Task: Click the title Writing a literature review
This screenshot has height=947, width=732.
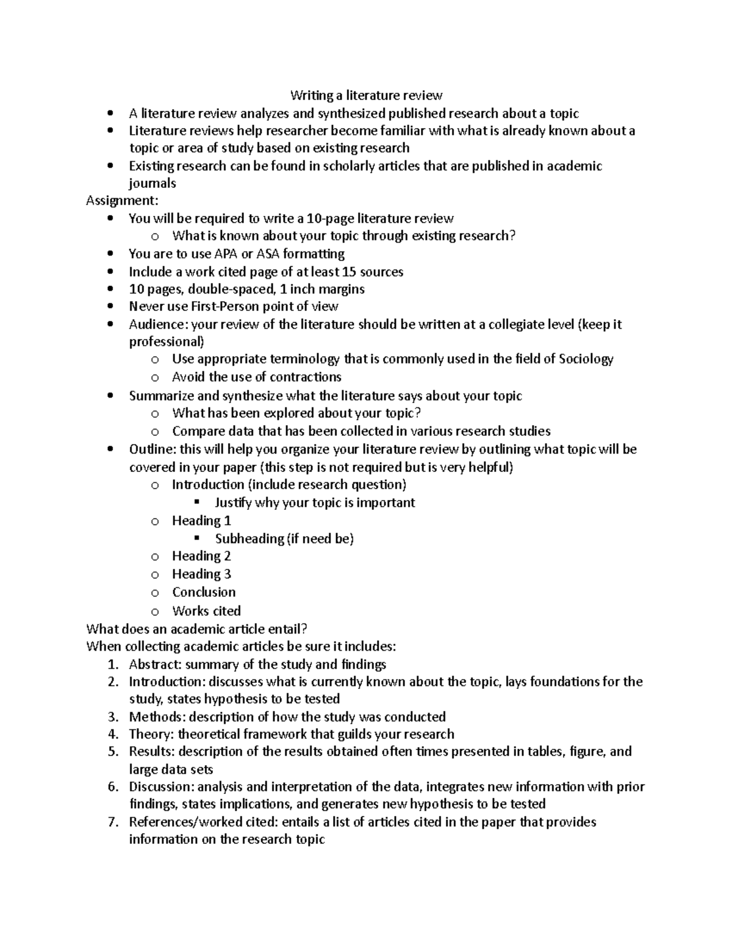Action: point(366,95)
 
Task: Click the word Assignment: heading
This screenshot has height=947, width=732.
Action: point(122,201)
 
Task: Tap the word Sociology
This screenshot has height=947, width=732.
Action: point(586,359)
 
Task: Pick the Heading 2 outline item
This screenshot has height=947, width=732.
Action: point(201,556)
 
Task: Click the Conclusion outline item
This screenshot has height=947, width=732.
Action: point(204,592)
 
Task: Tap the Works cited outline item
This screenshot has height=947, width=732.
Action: point(206,610)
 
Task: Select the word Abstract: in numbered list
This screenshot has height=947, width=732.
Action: point(155,664)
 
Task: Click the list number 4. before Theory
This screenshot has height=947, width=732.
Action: point(113,734)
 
